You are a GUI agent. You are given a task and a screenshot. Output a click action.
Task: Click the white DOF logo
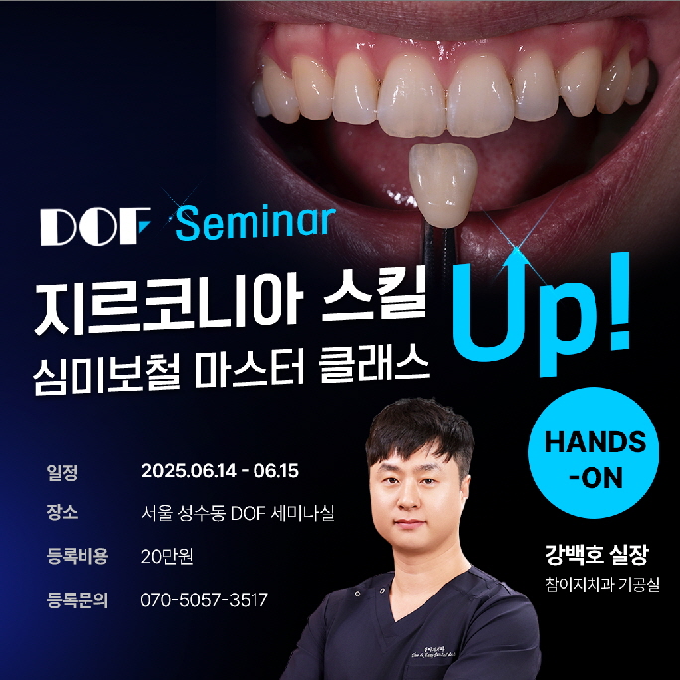pyautogui.click(x=95, y=226)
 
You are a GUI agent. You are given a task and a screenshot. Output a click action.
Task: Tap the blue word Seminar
pyautogui.click(x=255, y=223)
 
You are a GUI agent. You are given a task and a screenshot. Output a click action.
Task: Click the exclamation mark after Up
pyautogui.click(x=619, y=301)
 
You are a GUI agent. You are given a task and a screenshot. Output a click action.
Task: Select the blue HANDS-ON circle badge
pyautogui.click(x=594, y=452)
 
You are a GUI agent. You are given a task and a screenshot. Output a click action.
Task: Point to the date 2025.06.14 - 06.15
pyautogui.click(x=220, y=471)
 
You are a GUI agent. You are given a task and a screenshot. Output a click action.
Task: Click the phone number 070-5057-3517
pyautogui.click(x=204, y=599)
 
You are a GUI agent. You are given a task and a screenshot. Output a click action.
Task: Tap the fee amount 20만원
pyautogui.click(x=167, y=556)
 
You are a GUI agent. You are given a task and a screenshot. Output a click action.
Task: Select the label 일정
pyautogui.click(x=62, y=472)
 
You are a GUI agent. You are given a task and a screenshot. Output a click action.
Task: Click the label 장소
pyautogui.click(x=62, y=512)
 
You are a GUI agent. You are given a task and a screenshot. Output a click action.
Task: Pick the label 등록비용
pyautogui.click(x=78, y=556)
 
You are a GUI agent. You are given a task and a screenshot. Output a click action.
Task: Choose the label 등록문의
pyautogui.click(x=78, y=600)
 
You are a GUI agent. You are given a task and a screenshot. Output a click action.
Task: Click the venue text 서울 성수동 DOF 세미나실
pyautogui.click(x=238, y=513)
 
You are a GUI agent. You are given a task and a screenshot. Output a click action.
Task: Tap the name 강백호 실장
pyautogui.click(x=596, y=555)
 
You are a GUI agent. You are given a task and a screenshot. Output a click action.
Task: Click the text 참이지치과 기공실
pyautogui.click(x=602, y=584)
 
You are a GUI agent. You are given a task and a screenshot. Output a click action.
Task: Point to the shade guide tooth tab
pyautogui.click(x=442, y=184)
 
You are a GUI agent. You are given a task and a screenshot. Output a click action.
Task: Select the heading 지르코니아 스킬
pyautogui.click(x=230, y=306)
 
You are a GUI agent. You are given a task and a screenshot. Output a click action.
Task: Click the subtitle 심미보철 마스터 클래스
pyautogui.click(x=232, y=372)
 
